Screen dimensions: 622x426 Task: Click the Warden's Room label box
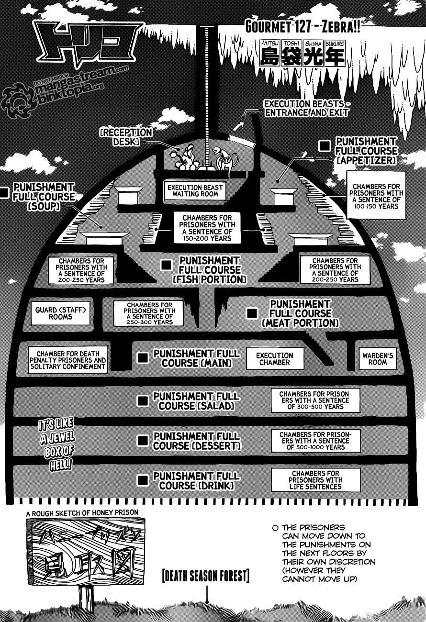378,358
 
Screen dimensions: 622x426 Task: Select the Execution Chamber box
275,359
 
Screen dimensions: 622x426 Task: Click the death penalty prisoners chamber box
67,359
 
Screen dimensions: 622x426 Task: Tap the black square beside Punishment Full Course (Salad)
143,400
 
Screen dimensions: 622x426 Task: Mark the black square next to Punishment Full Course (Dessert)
143,440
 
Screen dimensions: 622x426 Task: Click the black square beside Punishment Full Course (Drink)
143,480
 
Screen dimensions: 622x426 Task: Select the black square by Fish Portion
166,265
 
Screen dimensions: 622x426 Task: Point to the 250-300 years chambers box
144,313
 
